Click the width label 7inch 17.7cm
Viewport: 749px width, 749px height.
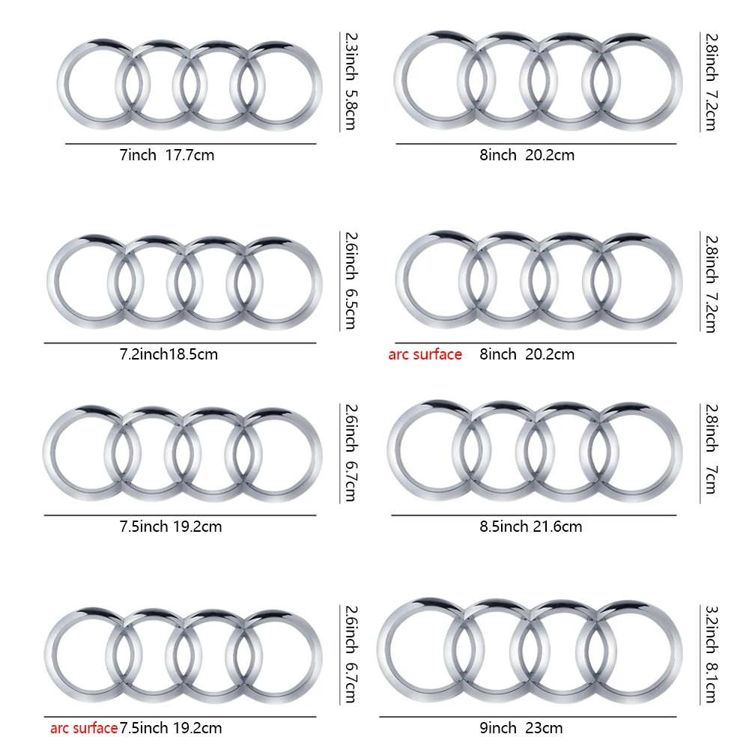click(167, 155)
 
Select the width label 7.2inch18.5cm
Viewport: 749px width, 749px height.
click(169, 354)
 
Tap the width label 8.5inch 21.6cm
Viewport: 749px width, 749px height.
click(530, 526)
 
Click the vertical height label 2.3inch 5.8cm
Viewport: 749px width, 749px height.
click(350, 80)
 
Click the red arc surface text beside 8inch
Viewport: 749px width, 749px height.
click(425, 354)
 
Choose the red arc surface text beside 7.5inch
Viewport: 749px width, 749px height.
click(84, 727)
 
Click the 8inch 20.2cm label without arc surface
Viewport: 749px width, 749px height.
click(527, 155)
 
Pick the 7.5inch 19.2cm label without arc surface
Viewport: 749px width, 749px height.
click(170, 526)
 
